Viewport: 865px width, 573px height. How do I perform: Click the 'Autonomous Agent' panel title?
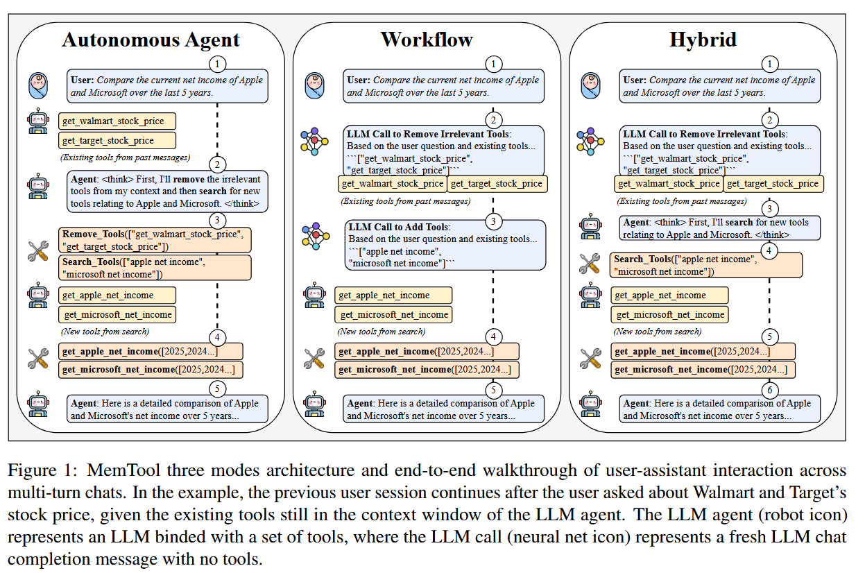click(151, 40)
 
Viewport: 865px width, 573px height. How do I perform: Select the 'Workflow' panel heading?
click(426, 40)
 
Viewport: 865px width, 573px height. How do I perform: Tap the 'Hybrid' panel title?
click(701, 40)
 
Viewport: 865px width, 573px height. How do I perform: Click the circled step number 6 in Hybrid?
click(769, 389)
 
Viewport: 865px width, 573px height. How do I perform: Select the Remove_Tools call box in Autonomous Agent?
click(155, 240)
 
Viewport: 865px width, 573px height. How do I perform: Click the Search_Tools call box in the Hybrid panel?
click(707, 265)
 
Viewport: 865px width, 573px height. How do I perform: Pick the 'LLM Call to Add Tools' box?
click(445, 245)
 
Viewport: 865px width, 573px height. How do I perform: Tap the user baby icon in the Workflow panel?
click(316, 85)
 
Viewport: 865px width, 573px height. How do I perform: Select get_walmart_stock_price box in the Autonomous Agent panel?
click(117, 121)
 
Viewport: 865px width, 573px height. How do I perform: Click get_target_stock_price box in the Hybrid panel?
click(772, 184)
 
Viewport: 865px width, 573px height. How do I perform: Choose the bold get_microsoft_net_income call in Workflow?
click(428, 370)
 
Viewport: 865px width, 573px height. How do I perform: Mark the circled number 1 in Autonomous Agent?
click(217, 64)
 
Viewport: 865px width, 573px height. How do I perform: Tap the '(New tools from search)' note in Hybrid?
click(653, 332)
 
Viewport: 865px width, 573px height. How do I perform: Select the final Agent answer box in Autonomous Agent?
click(167, 409)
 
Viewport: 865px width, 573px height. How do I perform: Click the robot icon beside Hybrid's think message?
click(590, 227)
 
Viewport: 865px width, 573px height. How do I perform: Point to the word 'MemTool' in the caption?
click(116, 470)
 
